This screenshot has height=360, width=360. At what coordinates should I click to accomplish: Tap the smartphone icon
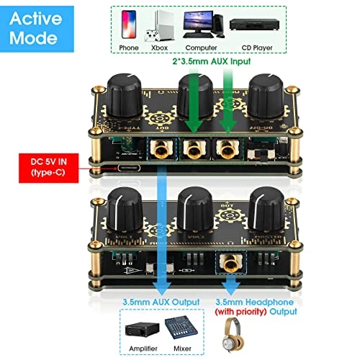[127, 26]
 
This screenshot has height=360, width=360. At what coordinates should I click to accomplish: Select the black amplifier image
[143, 332]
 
